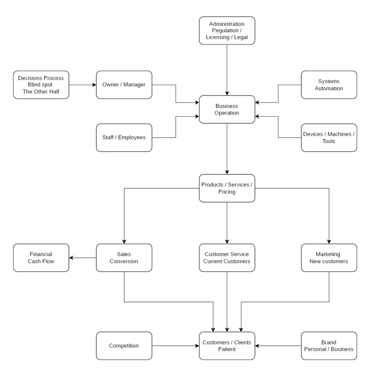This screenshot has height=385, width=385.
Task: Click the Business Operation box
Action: (x=227, y=109)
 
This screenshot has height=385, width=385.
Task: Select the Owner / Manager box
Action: (x=124, y=85)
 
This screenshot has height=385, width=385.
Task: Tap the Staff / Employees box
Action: (x=124, y=137)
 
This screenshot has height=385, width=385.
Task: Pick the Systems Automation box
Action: (x=329, y=85)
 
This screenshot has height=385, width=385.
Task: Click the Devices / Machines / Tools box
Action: (x=329, y=137)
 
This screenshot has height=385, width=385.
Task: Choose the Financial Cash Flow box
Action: (x=41, y=258)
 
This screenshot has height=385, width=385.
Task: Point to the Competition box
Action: (x=124, y=346)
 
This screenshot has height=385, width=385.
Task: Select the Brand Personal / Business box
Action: (x=329, y=346)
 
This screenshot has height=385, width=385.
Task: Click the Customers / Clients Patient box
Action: (x=227, y=346)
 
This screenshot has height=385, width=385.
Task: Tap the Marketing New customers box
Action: (x=329, y=258)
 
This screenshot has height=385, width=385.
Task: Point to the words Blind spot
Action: (x=40, y=85)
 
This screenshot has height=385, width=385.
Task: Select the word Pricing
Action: (x=227, y=192)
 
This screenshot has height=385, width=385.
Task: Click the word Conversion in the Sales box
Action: (x=124, y=261)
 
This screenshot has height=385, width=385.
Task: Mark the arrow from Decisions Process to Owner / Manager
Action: (x=82, y=85)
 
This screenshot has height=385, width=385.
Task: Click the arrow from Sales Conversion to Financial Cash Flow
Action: (x=82, y=258)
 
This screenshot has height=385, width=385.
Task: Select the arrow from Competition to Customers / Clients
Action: (x=175, y=346)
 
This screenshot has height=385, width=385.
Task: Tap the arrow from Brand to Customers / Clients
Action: (x=278, y=346)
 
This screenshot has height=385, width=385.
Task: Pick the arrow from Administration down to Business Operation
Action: (x=227, y=69)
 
